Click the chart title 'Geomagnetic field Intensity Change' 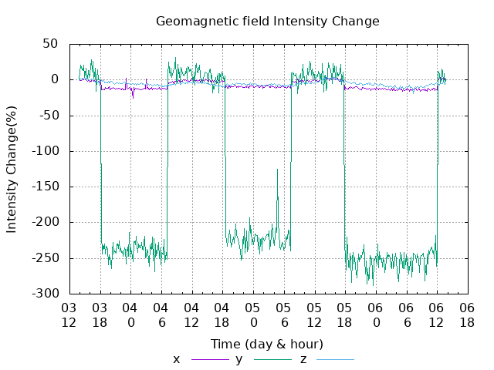pyautogui.click(x=268, y=21)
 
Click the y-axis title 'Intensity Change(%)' pyautogui.click(x=12, y=168)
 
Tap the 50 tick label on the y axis pyautogui.click(x=50, y=44)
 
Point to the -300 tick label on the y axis pyautogui.click(x=45, y=294)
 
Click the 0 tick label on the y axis pyautogui.click(x=54, y=79)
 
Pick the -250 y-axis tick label pyautogui.click(x=45, y=258)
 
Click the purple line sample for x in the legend pyautogui.click(x=210, y=359)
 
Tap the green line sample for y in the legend pyautogui.click(x=272, y=359)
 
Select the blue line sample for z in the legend pyautogui.click(x=333, y=359)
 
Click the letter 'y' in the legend pyautogui.click(x=239, y=359)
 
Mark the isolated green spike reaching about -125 pyautogui.click(x=277, y=171)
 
